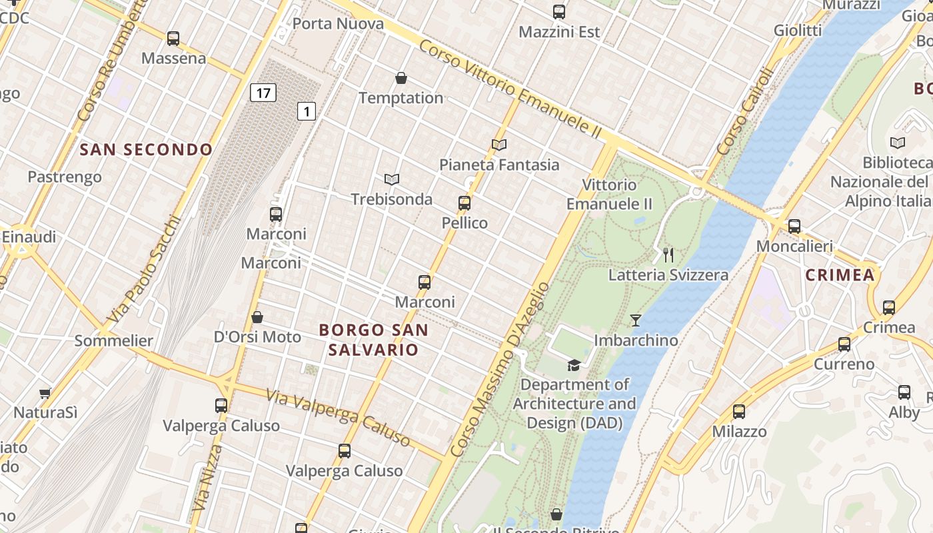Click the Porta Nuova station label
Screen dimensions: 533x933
point(338,24)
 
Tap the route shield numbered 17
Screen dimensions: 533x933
point(263,93)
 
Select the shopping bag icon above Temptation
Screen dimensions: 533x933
point(401,79)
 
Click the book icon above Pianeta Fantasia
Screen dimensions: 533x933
point(499,145)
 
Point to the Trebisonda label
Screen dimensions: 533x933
point(391,199)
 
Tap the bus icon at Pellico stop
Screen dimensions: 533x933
point(465,203)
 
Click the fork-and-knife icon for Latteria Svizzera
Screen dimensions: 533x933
point(668,255)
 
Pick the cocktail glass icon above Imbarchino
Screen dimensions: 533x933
point(636,320)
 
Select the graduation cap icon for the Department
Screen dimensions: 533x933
point(574,364)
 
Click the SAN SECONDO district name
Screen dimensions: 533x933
point(146,150)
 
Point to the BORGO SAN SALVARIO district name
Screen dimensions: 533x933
point(373,340)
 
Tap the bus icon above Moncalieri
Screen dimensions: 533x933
point(794,226)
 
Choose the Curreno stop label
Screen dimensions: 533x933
point(844,364)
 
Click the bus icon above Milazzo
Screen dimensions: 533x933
point(738,412)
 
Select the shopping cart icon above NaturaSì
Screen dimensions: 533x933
point(45,393)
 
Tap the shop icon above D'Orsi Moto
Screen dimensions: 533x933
point(257,317)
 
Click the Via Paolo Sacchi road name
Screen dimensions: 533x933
point(144,269)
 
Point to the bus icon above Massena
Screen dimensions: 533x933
point(173,39)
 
